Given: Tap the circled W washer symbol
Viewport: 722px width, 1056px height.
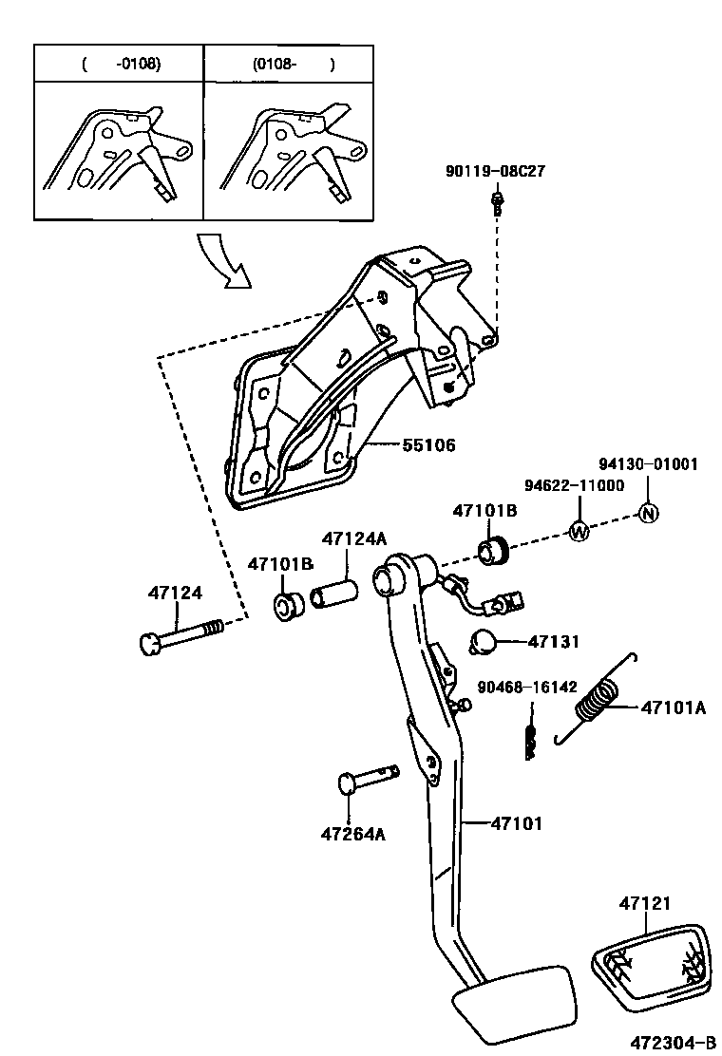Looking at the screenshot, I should click(x=579, y=532).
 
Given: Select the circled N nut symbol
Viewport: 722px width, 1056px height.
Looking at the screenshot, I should click(x=648, y=513).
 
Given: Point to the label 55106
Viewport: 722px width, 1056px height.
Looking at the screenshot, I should click(x=414, y=444).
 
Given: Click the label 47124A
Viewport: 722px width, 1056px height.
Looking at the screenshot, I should click(x=353, y=538).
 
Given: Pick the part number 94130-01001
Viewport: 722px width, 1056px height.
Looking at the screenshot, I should click(x=648, y=465).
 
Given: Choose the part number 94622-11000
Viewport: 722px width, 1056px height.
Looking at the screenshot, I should click(x=575, y=485).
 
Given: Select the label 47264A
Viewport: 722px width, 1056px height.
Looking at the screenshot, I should click(x=352, y=835).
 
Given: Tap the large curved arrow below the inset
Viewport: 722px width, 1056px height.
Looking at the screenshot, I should click(x=224, y=259).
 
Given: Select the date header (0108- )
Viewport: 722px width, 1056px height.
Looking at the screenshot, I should click(x=294, y=65).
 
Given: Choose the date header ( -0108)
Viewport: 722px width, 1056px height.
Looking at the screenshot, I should click(x=122, y=65).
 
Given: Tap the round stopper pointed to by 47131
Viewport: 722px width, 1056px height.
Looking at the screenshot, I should click(x=485, y=642).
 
